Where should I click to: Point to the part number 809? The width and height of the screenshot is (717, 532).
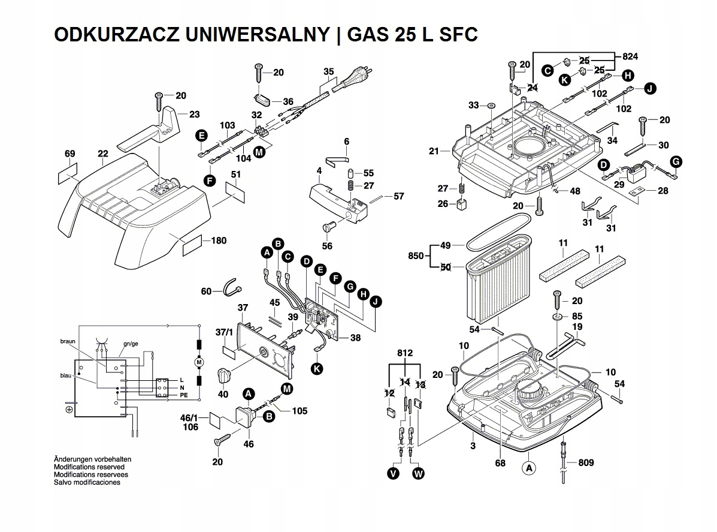click(x=586, y=462)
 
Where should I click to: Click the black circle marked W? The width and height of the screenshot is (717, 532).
click(x=418, y=474)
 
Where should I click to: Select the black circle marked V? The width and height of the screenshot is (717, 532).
click(x=393, y=474)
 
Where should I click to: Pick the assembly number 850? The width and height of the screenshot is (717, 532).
click(x=416, y=256)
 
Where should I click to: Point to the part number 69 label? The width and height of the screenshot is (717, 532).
click(x=70, y=155)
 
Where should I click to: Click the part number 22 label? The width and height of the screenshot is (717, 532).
click(x=103, y=155)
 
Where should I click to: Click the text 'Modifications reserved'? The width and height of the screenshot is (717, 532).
click(x=89, y=467)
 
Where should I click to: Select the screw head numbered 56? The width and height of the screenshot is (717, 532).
click(x=327, y=227)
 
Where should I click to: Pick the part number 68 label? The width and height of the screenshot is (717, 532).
click(x=500, y=462)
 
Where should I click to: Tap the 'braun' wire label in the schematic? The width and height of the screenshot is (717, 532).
click(x=68, y=341)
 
